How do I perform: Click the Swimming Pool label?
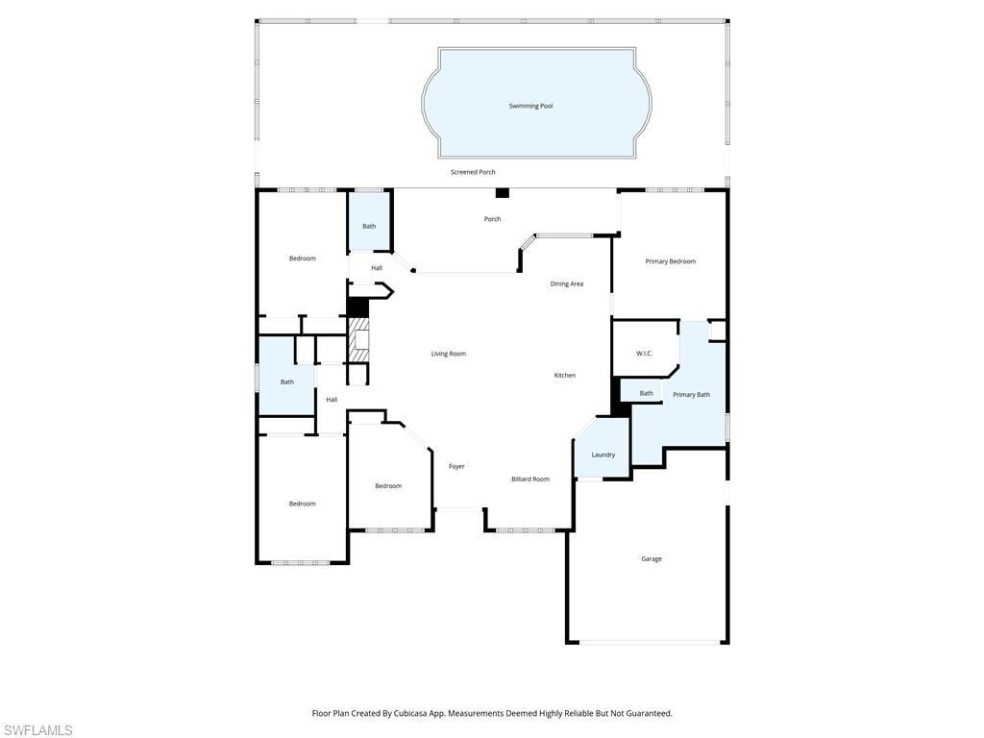(530, 106)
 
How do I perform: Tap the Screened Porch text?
(473, 172)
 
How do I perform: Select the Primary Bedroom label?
(670, 261)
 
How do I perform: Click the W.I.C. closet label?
(644, 354)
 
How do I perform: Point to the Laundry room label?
(603, 455)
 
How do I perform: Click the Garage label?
(652, 558)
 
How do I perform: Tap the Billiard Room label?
(529, 479)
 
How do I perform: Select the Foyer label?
(456, 466)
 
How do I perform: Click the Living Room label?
(448, 354)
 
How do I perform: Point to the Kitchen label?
(564, 375)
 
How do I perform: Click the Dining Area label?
(566, 283)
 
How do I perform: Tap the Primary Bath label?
(691, 395)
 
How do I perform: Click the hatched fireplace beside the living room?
(359, 340)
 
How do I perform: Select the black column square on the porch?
(502, 192)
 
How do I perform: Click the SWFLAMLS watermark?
(37, 730)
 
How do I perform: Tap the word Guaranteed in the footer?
(649, 713)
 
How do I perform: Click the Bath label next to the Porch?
(369, 226)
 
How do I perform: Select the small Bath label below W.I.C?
(646, 393)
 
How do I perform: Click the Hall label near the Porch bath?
(377, 268)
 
